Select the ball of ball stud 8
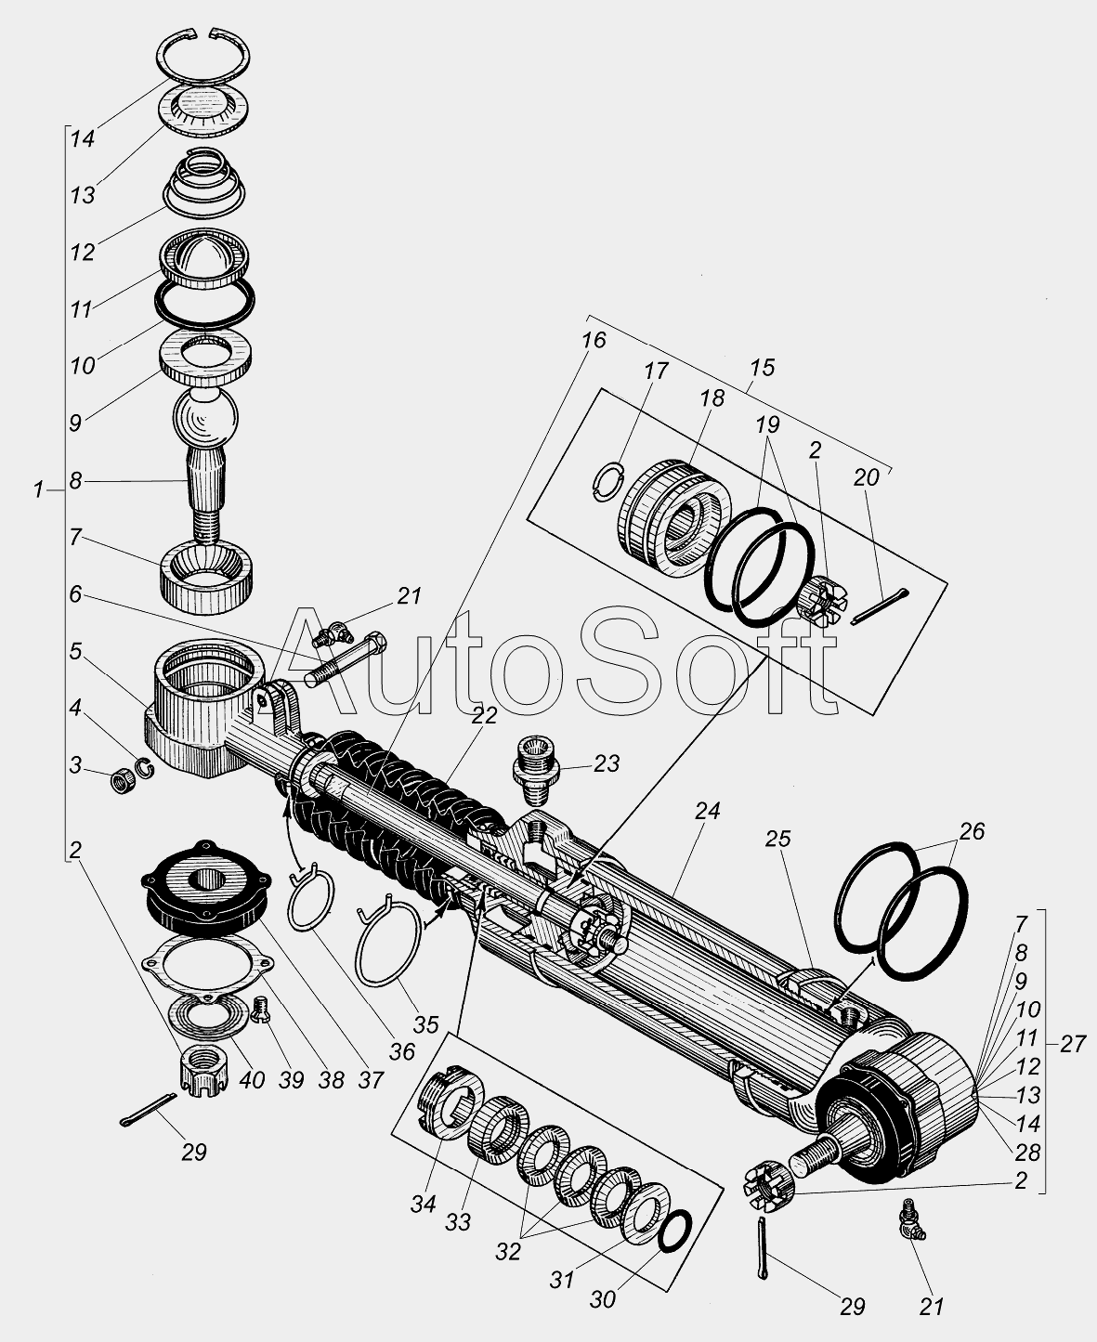[x=205, y=418]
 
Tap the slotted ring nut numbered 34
[x=450, y=1103]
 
